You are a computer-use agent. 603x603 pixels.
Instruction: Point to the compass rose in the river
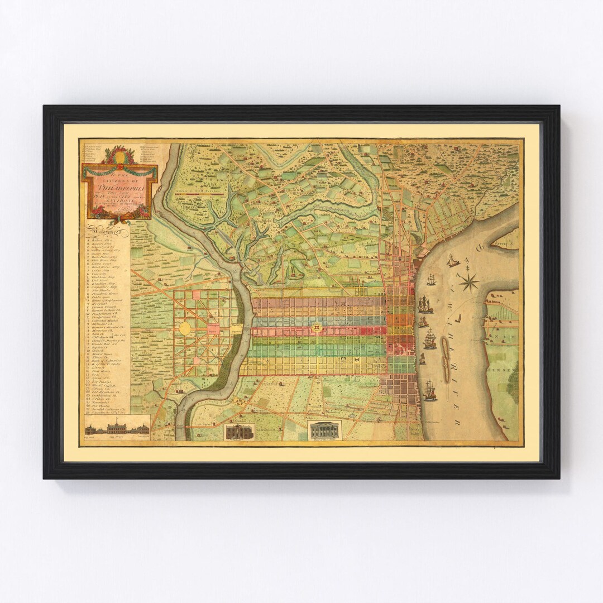(468, 281)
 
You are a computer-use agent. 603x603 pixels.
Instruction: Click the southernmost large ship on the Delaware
(429, 390)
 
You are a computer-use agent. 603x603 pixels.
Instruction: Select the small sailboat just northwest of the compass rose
(452, 261)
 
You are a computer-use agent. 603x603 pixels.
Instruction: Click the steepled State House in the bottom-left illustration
(117, 427)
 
